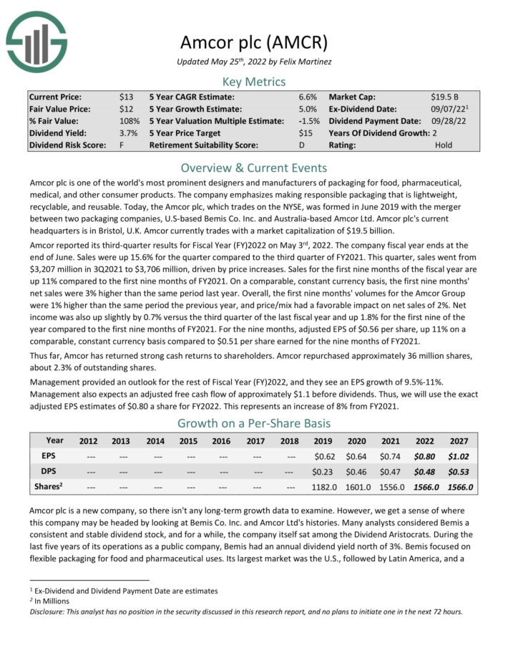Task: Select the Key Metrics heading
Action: coord(253,81)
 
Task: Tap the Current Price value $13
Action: coord(126,96)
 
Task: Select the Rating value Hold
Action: coord(444,145)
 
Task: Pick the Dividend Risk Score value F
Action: coord(122,145)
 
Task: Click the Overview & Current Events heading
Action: coord(253,168)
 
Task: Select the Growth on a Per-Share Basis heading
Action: coord(253,422)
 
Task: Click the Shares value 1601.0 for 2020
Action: coord(358,486)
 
